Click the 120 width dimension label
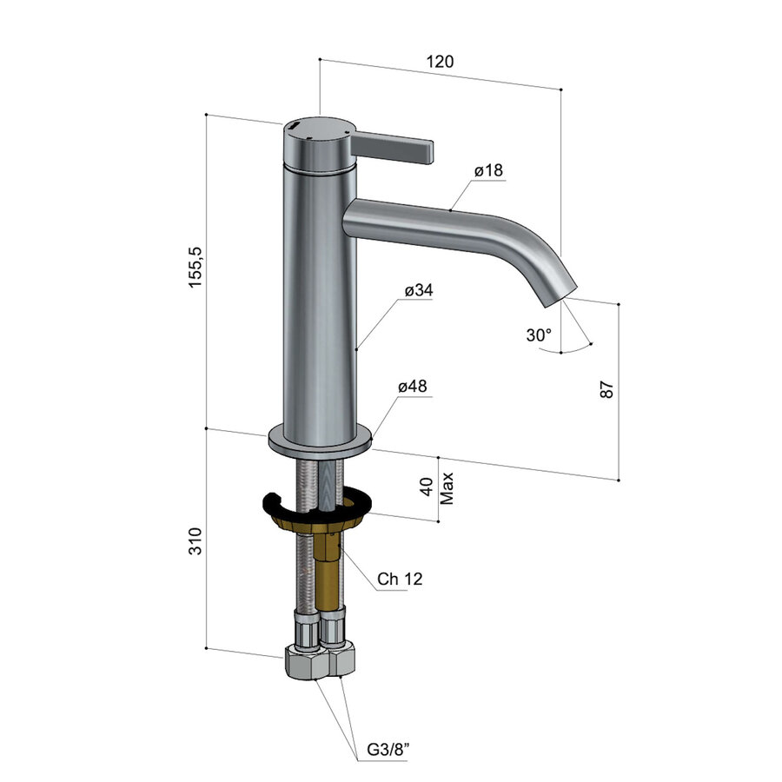(441, 62)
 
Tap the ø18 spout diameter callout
(489, 171)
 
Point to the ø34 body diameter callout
(419, 290)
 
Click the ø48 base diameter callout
(413, 386)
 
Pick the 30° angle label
(538, 335)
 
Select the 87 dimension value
(607, 389)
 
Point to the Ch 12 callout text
(400, 579)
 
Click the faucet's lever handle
(395, 148)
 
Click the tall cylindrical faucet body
(319, 304)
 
